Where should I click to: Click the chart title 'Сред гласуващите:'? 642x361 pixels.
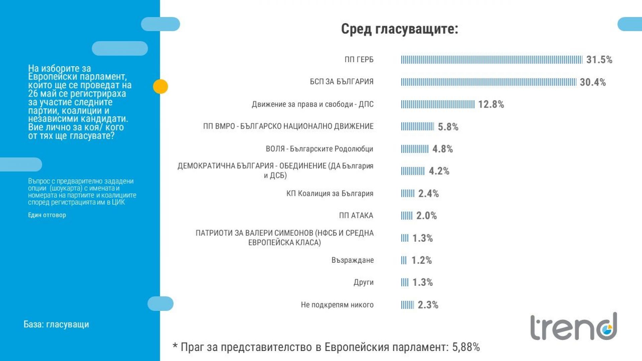tap(399, 29)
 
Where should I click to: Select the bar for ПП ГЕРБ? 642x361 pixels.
tap(491, 60)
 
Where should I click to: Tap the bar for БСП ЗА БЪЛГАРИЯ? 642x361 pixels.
tap(489, 82)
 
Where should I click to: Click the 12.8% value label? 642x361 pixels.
tap(491, 104)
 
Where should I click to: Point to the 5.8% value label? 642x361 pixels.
tap(448, 127)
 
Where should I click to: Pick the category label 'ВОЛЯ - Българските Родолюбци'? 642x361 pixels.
tap(319, 149)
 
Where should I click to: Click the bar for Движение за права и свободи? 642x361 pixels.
tap(438, 104)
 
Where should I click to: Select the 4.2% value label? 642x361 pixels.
tap(439, 171)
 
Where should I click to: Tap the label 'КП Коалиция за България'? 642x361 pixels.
tap(330, 194)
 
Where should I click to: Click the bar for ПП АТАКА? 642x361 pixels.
tap(407, 216)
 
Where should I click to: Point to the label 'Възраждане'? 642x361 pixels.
tap(352, 260)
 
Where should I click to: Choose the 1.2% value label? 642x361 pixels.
tap(421, 260)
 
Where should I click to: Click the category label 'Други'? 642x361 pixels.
tap(363, 282)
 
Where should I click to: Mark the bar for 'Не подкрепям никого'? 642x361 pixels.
tap(407, 305)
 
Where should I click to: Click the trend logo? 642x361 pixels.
tap(573, 327)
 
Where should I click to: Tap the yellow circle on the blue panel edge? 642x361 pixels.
tap(160, 87)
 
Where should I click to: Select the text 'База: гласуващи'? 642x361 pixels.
tap(56, 324)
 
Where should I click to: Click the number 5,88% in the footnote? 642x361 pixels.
tap(466, 347)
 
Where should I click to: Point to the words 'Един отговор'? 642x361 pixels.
tap(47, 215)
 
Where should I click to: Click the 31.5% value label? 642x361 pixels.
tap(599, 60)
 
